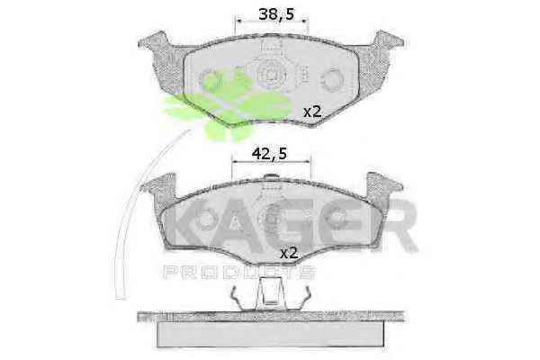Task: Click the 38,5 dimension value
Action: click(x=276, y=14)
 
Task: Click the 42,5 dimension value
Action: click(x=269, y=154)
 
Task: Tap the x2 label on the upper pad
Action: click(x=312, y=112)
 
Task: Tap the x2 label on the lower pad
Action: click(x=289, y=253)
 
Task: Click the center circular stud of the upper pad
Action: click(x=272, y=75)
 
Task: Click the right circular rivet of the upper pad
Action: click(x=332, y=78)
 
